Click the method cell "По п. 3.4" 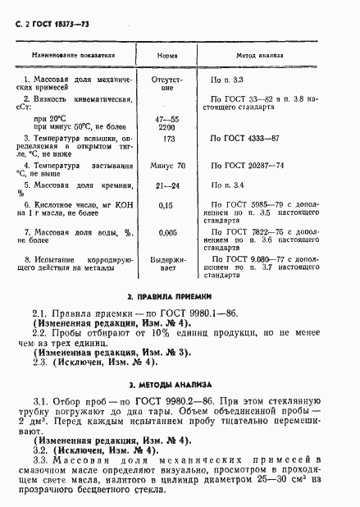[x=227, y=186]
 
